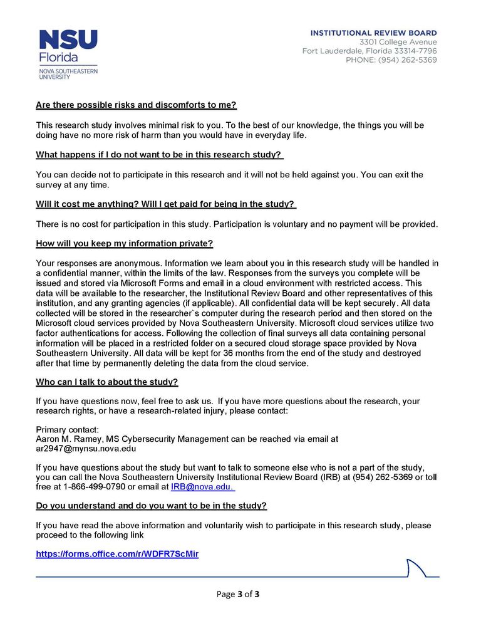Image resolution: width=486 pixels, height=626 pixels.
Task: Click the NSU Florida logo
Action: pos(68,54)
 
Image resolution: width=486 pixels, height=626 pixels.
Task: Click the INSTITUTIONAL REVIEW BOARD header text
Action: pos(374,33)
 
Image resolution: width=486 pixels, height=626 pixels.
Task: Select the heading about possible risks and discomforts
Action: pos(136,105)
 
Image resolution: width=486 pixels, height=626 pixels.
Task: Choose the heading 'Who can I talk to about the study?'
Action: pos(107,382)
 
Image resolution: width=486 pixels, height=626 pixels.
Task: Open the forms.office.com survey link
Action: pos(117,554)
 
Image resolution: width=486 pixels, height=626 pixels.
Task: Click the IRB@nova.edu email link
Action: pos(202,486)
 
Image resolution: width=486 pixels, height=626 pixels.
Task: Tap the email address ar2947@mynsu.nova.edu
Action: pos(86,449)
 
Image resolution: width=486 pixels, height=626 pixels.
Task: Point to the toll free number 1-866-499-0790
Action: pos(91,486)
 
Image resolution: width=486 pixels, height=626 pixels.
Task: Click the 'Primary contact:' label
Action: pos(68,429)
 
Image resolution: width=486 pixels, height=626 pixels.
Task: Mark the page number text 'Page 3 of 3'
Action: pos(237,594)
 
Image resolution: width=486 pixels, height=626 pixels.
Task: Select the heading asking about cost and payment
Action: pos(165,204)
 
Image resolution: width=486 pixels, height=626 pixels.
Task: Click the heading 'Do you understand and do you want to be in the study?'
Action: pos(152,506)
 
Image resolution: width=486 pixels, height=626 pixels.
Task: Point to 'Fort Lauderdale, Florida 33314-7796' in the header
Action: pos(370,51)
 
